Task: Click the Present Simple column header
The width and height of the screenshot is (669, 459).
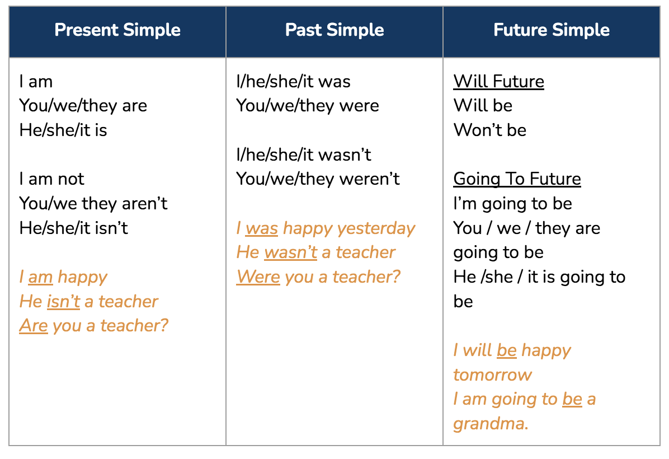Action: (x=117, y=30)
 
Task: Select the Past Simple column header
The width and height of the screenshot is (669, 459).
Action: (x=334, y=30)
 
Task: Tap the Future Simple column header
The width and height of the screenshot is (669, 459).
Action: (x=552, y=30)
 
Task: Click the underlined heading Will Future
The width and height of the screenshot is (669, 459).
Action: (x=499, y=82)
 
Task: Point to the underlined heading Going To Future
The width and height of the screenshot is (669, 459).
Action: (x=517, y=179)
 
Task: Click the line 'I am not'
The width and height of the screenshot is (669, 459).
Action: (x=51, y=179)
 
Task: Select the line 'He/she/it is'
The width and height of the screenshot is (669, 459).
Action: (x=63, y=130)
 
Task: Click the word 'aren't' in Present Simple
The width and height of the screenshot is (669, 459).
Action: (x=145, y=204)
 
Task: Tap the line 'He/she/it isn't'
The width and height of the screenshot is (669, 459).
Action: (x=74, y=228)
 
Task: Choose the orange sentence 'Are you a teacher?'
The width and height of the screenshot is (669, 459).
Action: (x=94, y=326)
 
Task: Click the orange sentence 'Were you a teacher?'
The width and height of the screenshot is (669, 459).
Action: (x=319, y=277)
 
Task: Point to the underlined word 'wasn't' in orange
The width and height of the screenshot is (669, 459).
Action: (x=290, y=252)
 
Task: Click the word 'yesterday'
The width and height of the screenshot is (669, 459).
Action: (x=376, y=229)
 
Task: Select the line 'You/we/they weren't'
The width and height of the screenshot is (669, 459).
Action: (x=318, y=179)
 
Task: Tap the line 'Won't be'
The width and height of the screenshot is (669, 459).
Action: (x=490, y=130)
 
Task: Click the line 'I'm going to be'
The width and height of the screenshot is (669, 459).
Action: (x=513, y=204)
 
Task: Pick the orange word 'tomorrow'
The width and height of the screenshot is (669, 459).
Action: (x=493, y=375)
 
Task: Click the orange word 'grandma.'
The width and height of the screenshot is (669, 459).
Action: (x=491, y=424)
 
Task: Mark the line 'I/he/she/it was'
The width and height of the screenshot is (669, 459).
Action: (x=294, y=82)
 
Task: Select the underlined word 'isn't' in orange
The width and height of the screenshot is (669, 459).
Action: (x=64, y=302)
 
